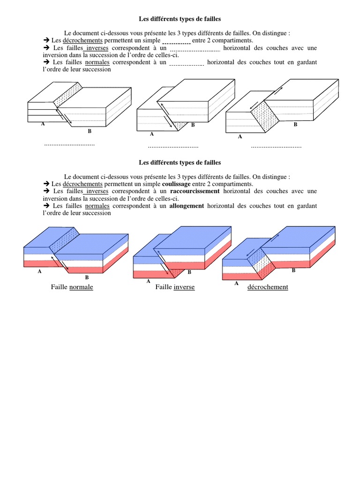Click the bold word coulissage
coord(176,184)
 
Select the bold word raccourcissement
coord(195,191)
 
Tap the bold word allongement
coord(187,206)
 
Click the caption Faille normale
coord(72,287)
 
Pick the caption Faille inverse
coord(175,287)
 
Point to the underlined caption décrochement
coord(268,287)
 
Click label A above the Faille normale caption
coord(39,271)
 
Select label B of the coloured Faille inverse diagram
coord(189,272)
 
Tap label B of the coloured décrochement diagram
coord(293,270)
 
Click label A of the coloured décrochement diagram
coord(236,284)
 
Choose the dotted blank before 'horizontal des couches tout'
coord(186,63)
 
